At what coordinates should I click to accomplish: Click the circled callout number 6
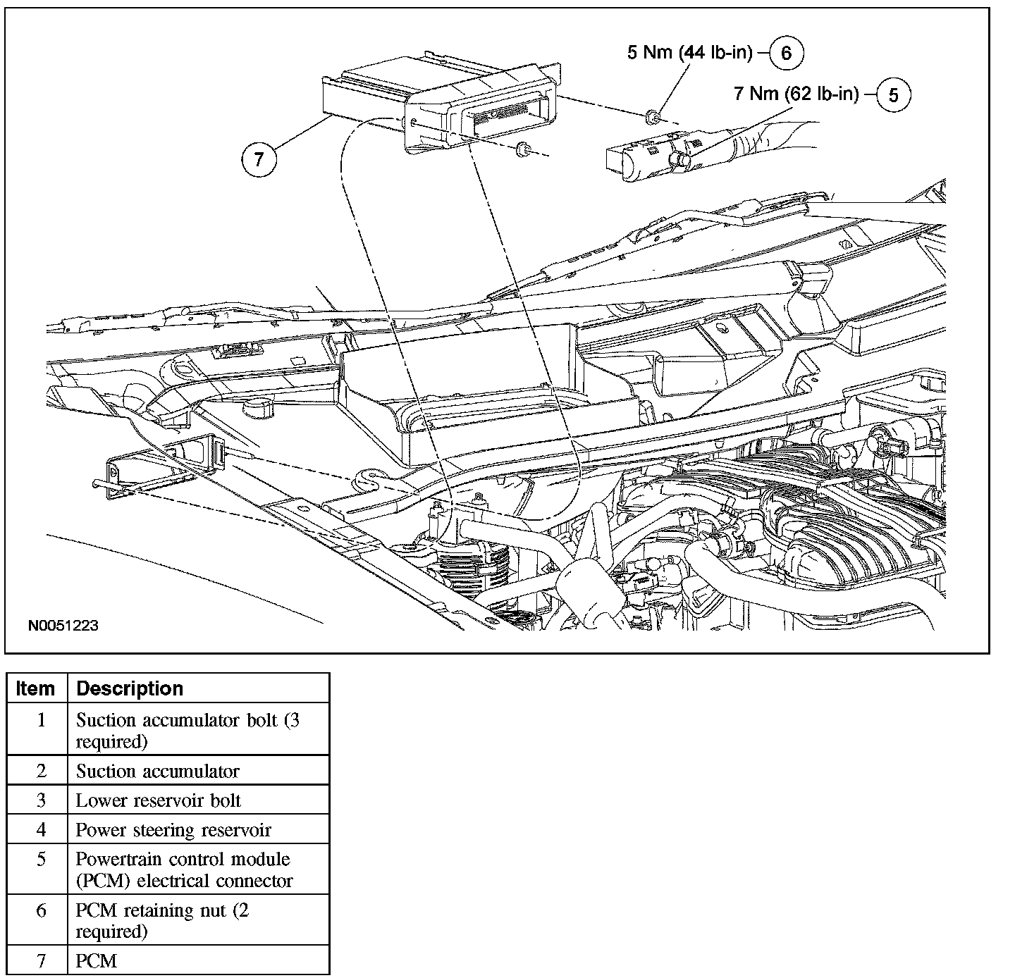click(x=786, y=53)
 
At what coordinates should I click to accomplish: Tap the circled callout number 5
click(x=894, y=95)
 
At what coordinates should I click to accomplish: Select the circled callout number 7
click(x=259, y=159)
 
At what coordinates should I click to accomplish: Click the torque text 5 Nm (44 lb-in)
click(x=690, y=52)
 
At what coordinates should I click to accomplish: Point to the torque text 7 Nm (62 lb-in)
click(x=796, y=93)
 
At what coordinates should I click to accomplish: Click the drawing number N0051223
click(x=63, y=625)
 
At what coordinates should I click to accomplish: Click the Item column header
click(x=35, y=688)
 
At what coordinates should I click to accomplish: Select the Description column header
click(x=130, y=688)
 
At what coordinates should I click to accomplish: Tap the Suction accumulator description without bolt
click(x=157, y=771)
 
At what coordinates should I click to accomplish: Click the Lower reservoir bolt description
click(x=159, y=800)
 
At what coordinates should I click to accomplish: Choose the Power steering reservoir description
click(x=173, y=830)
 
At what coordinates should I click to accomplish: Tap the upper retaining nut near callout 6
click(x=651, y=117)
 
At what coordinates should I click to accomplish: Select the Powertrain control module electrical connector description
click(x=184, y=869)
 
